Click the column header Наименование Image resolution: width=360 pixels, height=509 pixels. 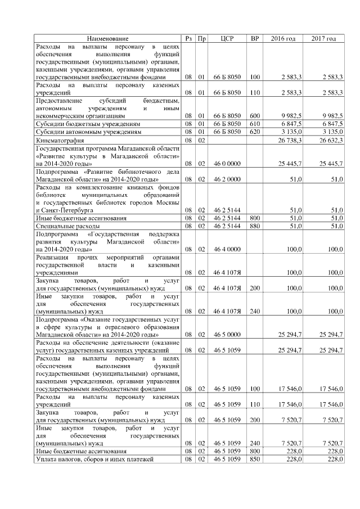(107, 38)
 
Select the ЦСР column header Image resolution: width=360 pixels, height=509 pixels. (227, 38)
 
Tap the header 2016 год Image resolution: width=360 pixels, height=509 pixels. (283, 38)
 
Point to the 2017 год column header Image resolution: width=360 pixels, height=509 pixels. (324, 38)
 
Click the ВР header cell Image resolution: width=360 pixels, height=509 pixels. (255, 38)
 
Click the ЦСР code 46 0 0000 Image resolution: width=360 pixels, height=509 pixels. (227, 164)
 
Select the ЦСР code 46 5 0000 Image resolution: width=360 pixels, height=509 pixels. (227, 334)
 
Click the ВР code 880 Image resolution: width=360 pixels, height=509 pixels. (255, 225)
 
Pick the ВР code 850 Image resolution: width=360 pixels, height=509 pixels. (255, 459)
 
